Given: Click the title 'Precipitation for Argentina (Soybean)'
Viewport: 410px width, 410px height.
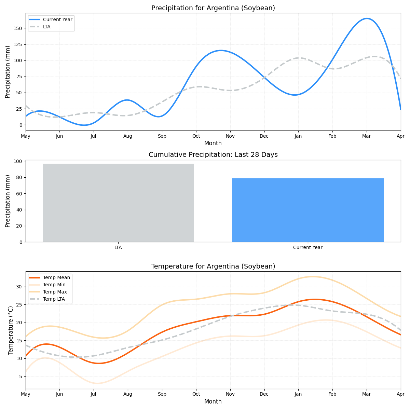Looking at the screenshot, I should pyautogui.click(x=213, y=8).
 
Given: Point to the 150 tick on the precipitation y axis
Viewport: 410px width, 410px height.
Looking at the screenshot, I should pyautogui.click(x=18, y=28).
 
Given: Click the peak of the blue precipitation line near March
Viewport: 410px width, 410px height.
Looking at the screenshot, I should pyautogui.click(x=367, y=18).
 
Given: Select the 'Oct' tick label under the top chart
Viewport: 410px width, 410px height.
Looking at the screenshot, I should pyautogui.click(x=196, y=136).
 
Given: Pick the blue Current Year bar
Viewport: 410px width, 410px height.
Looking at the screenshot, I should pyautogui.click(x=307, y=210).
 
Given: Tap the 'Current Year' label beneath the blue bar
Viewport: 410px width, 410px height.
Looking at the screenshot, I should pyautogui.click(x=307, y=247).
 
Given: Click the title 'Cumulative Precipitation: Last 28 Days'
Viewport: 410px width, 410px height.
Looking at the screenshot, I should pyautogui.click(x=213, y=155).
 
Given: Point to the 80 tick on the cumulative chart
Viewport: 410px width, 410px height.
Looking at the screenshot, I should pyautogui.click(x=19, y=177).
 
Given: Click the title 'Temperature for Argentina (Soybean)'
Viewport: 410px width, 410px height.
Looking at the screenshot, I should pyautogui.click(x=213, y=266).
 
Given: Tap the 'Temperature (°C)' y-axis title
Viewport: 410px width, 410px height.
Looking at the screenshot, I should pyautogui.click(x=11, y=330).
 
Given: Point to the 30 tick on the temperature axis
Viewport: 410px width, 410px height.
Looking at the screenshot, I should pyautogui.click(x=19, y=287).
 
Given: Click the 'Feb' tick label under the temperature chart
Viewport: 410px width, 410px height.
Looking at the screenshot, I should pyautogui.click(x=332, y=394).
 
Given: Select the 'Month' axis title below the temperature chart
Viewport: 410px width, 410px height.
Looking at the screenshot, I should pyautogui.click(x=213, y=401).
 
